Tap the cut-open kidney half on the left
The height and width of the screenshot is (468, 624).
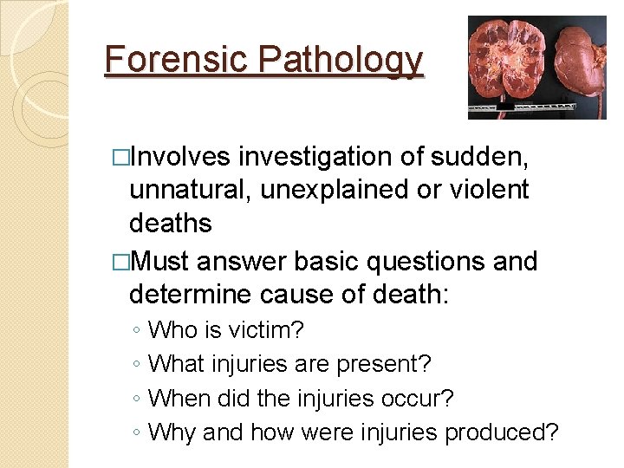(510, 62)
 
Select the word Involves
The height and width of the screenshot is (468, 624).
(181, 157)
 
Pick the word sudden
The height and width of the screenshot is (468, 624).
(491, 157)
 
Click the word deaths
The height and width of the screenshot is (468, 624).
(170, 223)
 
